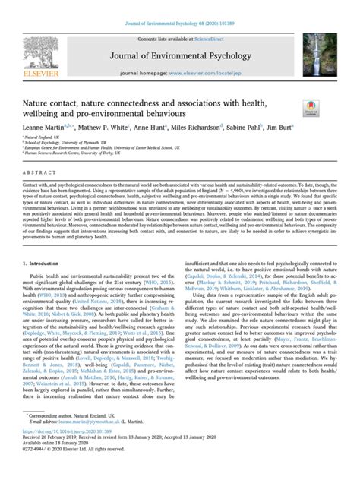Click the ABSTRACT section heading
(x=35, y=171)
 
